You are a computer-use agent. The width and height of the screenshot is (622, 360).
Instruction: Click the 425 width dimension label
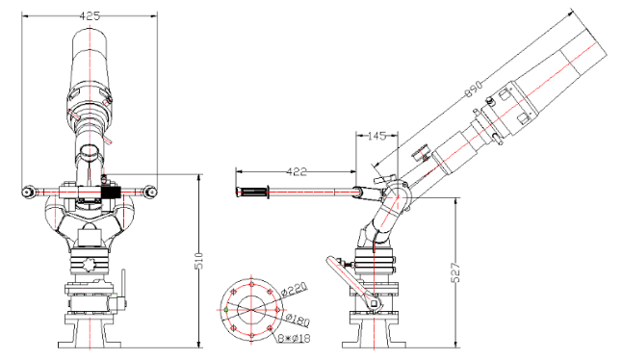pyautogui.click(x=90, y=16)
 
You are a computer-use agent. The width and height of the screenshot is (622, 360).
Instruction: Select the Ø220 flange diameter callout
pyautogui.click(x=296, y=288)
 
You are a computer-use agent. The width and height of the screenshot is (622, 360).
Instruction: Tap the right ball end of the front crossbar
pyautogui.click(x=151, y=190)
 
